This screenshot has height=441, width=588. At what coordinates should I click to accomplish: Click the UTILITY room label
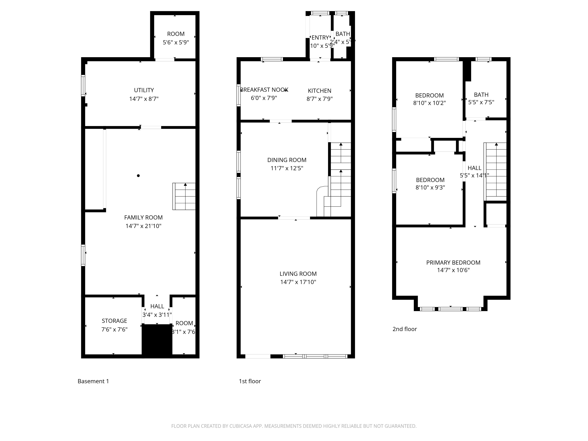tap(144, 90)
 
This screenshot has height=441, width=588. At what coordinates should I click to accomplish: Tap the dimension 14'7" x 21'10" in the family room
tap(143, 226)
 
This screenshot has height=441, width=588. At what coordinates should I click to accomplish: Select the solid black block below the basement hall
tap(157, 340)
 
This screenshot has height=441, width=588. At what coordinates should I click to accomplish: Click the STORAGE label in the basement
tap(114, 321)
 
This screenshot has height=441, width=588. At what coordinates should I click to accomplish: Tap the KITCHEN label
tap(320, 91)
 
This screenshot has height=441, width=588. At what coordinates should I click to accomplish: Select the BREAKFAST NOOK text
tap(264, 90)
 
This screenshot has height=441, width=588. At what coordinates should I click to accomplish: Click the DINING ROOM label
tap(287, 160)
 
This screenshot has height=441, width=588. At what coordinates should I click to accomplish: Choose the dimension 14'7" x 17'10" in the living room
tap(298, 282)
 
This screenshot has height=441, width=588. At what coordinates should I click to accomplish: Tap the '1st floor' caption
tap(250, 381)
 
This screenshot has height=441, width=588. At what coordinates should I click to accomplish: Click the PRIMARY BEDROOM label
tap(453, 263)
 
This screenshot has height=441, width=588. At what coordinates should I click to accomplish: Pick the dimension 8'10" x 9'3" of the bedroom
tap(430, 187)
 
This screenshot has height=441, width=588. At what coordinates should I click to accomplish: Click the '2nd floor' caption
tap(405, 329)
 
